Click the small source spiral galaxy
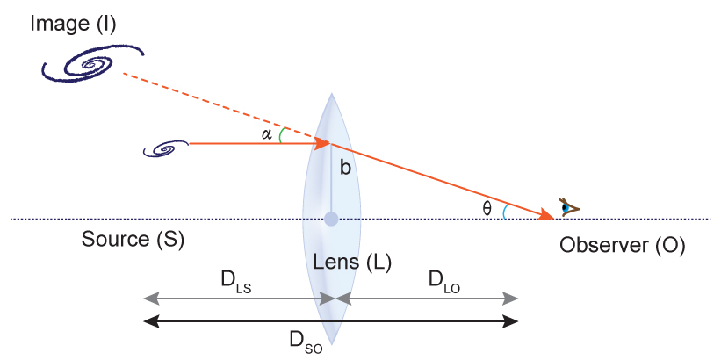(165, 150)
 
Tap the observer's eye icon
(570, 208)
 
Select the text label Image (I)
(73, 23)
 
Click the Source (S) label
(133, 239)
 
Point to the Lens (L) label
(352, 261)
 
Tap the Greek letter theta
(488, 208)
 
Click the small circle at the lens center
(331, 219)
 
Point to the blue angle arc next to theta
(505, 211)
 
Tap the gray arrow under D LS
(237, 299)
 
